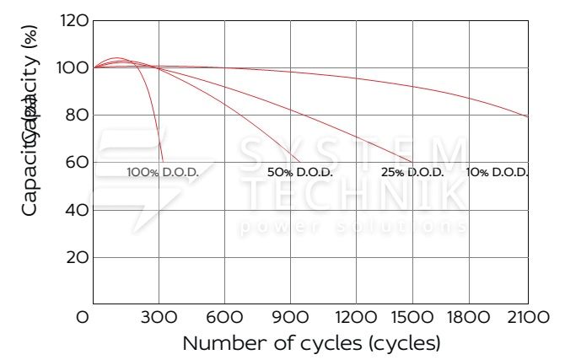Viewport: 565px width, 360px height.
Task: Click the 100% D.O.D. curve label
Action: [162, 172]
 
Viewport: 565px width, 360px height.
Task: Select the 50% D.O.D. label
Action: [300, 172]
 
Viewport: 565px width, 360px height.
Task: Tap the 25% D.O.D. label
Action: [412, 172]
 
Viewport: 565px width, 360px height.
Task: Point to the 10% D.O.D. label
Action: [498, 172]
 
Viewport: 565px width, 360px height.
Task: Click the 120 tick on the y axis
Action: [75, 20]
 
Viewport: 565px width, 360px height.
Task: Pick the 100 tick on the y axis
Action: [75, 67]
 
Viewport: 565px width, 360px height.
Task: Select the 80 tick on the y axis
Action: [77, 115]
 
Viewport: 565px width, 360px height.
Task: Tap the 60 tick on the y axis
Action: [77, 162]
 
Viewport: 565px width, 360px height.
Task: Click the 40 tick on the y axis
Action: [77, 209]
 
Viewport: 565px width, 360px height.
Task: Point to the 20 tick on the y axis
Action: [77, 256]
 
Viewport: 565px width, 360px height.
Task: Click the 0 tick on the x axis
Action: [83, 318]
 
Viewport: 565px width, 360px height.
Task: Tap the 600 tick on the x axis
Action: [224, 318]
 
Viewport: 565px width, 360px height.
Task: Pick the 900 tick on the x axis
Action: [290, 318]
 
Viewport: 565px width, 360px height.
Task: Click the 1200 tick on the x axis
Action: [356, 318]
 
